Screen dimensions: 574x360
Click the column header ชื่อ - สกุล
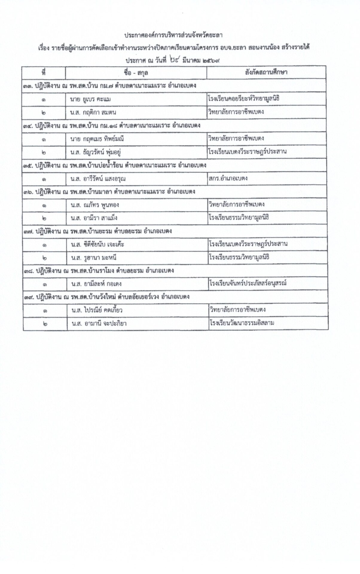pos(136,73)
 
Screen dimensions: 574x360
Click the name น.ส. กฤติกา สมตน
pos(93,112)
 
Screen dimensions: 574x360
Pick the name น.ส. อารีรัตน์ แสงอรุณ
pos(98,179)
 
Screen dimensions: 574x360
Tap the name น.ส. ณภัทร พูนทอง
pos(95,205)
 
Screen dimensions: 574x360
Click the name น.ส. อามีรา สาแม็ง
pos(94,218)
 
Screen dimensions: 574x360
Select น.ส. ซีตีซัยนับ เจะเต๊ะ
pos(97,245)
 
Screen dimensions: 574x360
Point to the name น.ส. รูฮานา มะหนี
pos(94,258)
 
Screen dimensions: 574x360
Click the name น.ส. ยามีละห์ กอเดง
pos(96,284)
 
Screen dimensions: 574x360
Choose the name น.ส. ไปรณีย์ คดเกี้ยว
pos(97,310)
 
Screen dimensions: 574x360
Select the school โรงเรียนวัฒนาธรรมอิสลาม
pos(242,323)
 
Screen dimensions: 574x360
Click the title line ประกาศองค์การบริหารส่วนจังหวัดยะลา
pos(173,35)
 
